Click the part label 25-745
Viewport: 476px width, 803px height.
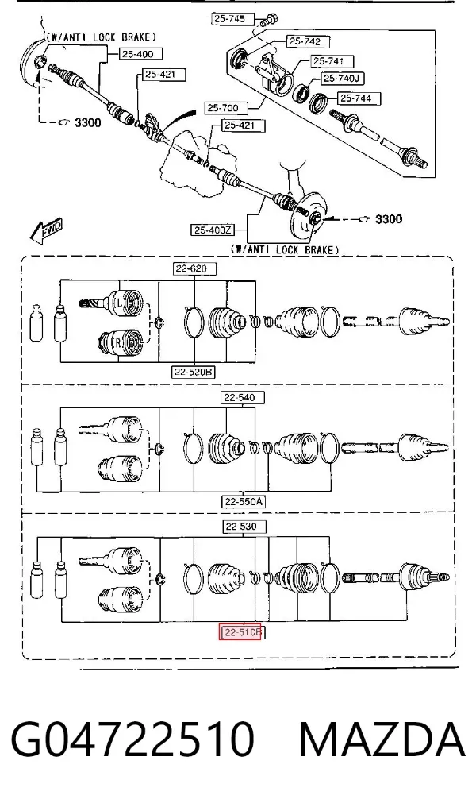click(x=230, y=19)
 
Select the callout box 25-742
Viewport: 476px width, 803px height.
click(x=305, y=41)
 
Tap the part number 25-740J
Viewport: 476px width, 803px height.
click(x=343, y=79)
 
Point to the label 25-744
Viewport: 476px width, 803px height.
click(x=356, y=98)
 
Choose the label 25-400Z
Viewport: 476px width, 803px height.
click(x=213, y=230)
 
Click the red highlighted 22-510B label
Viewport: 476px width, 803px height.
click(x=241, y=633)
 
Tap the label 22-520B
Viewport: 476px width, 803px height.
click(x=193, y=373)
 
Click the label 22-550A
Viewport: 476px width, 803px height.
click(x=243, y=502)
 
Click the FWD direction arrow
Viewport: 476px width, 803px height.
click(x=46, y=232)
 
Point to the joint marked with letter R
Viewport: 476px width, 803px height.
click(x=121, y=342)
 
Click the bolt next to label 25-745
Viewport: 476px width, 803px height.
click(x=267, y=21)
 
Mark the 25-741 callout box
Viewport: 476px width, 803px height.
click(x=328, y=61)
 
